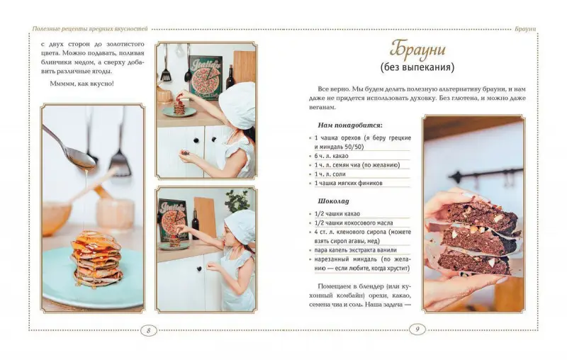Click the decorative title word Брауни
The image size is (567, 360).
[417, 49]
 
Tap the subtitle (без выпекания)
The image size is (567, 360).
[417, 67]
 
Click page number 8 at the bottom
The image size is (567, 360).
[148, 330]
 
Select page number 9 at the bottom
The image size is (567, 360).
[417, 330]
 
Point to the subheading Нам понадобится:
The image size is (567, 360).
[350, 125]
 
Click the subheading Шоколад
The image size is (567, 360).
[333, 201]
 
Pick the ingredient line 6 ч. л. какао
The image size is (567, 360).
[331, 156]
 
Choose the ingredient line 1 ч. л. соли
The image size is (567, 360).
[330, 174]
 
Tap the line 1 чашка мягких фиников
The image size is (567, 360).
[348, 183]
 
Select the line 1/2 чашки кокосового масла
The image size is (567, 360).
[354, 223]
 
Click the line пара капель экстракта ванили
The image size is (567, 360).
[356, 249]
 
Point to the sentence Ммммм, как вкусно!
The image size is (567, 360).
[82, 84]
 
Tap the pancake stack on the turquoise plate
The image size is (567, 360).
[96, 259]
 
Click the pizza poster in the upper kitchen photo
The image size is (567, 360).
[206, 77]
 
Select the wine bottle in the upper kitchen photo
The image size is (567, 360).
[230, 77]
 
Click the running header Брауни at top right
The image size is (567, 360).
[525, 29]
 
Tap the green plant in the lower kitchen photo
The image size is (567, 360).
[237, 201]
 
